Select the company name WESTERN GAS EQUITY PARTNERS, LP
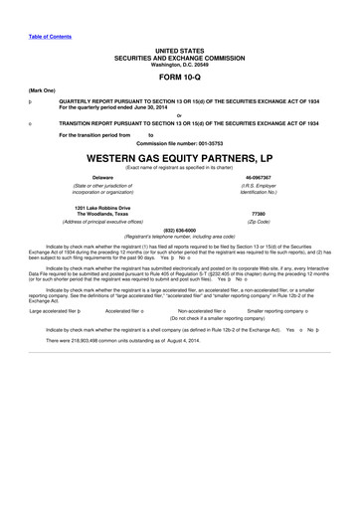[179, 158]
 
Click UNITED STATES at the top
[179, 49]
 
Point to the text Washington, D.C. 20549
[179, 63]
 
